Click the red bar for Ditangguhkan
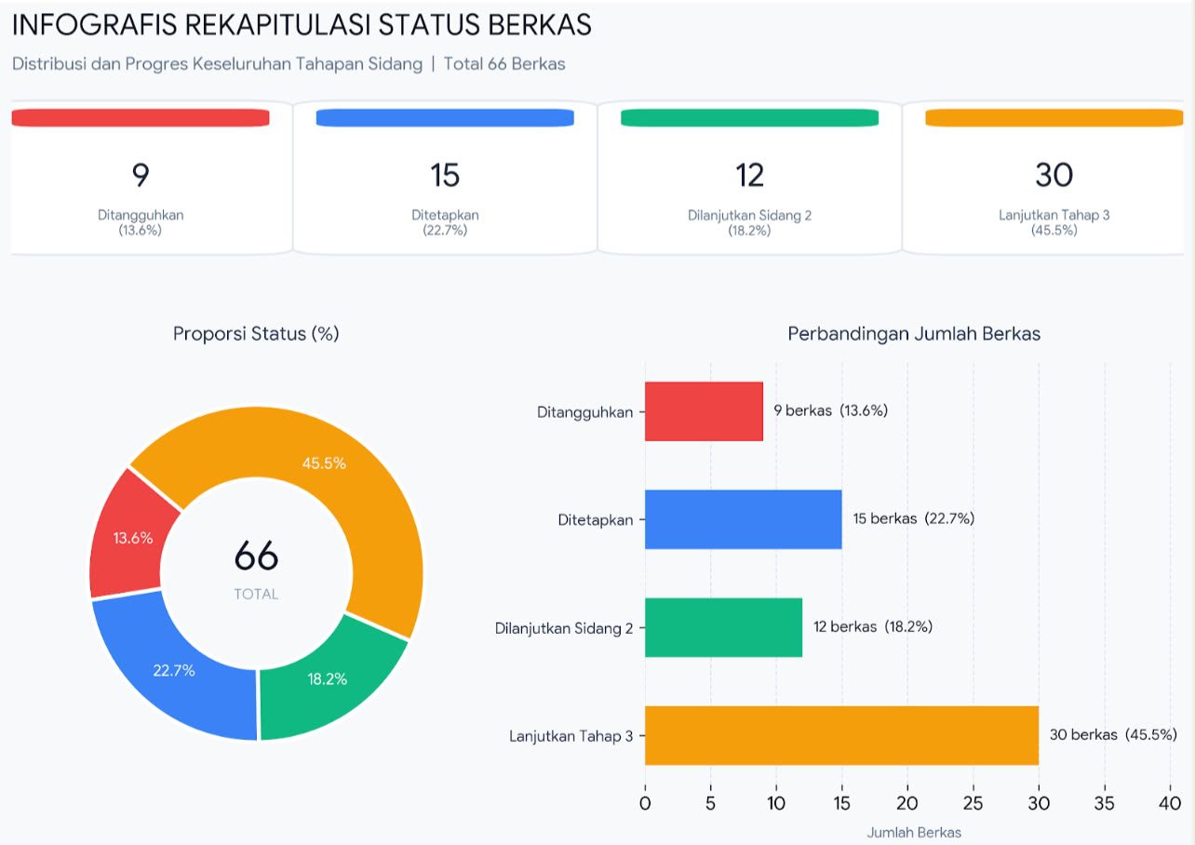tap(704, 411)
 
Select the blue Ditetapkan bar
tap(743, 519)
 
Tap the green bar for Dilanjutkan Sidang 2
tap(723, 627)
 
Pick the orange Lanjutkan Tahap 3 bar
tap(842, 735)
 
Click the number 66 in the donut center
tap(256, 556)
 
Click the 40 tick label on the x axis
tap(1170, 803)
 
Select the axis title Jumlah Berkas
tap(914, 832)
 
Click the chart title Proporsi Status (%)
tap(256, 333)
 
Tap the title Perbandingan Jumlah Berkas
tap(914, 333)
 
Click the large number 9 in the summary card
tap(141, 175)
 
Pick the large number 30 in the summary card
tap(1054, 175)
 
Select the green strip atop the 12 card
tap(749, 118)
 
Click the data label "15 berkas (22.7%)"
tap(913, 518)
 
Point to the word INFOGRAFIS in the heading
tap(94, 24)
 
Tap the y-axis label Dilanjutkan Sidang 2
tap(564, 628)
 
